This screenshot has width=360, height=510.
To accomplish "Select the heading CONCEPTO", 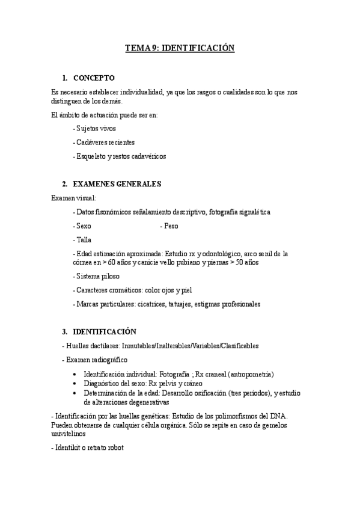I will pyautogui.click(x=93, y=78).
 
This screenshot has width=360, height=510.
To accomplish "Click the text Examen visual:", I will pyautogui.click(x=73, y=198).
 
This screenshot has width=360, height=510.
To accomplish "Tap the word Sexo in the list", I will pyautogui.click(x=83, y=226).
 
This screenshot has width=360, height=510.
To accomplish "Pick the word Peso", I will pyautogui.click(x=171, y=226).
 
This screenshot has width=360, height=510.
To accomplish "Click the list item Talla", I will pyautogui.click(x=82, y=240).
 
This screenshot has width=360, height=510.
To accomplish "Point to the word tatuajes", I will pyautogui.click(x=176, y=304).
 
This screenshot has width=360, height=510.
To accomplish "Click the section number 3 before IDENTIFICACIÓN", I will pyautogui.click(x=64, y=332).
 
